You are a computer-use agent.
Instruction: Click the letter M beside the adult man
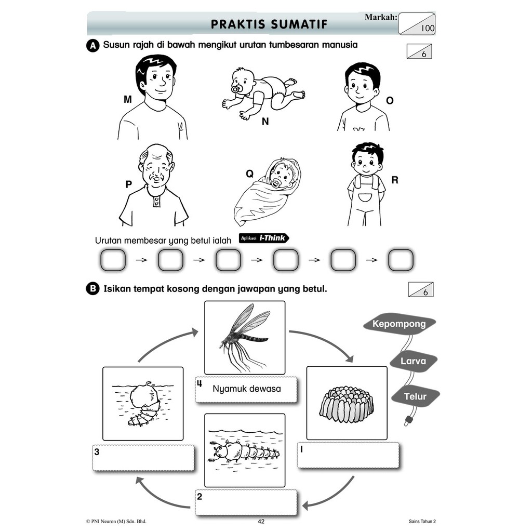[128, 99]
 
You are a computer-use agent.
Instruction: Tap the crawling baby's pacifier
[236, 89]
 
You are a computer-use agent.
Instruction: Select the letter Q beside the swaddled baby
[249, 174]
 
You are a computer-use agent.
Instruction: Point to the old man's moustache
[156, 178]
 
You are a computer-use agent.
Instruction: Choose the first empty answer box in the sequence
[113, 260]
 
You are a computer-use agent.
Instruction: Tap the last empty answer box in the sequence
[401, 260]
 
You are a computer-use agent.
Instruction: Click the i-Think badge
[264, 238]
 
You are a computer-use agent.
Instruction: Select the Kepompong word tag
[400, 324]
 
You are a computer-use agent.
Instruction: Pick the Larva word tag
[413, 361]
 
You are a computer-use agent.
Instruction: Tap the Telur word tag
[415, 396]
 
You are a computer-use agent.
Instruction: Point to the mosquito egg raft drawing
[346, 404]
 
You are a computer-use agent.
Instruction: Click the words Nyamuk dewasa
[247, 389]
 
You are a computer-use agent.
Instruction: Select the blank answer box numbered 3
[143, 458]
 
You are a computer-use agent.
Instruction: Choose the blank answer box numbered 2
[246, 502]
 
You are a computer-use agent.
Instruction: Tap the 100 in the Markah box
[428, 28]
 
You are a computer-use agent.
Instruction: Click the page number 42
[261, 522]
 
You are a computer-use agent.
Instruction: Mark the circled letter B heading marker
[92, 289]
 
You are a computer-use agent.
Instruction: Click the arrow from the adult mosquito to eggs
[326, 339]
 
